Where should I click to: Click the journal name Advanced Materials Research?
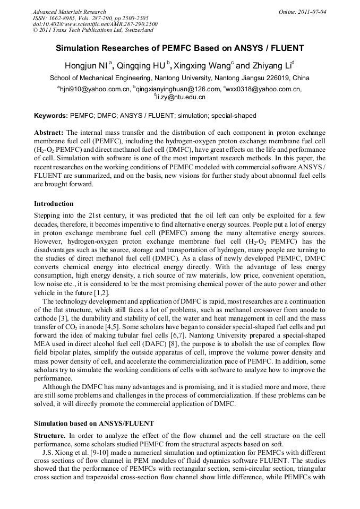coord(69,12)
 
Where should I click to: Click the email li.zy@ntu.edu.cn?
coord(181,97)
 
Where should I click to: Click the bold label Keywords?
coord(51,115)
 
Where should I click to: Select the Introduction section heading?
coord(54,203)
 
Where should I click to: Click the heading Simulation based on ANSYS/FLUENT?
coord(93,423)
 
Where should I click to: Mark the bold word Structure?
coord(49,435)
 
